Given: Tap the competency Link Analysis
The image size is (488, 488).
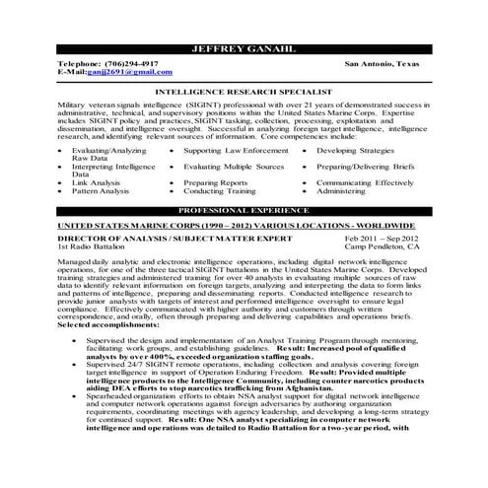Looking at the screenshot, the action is (x=96, y=182).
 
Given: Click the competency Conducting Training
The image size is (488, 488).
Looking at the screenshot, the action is (x=220, y=191).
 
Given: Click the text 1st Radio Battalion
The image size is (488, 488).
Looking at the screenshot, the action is (x=94, y=248).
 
